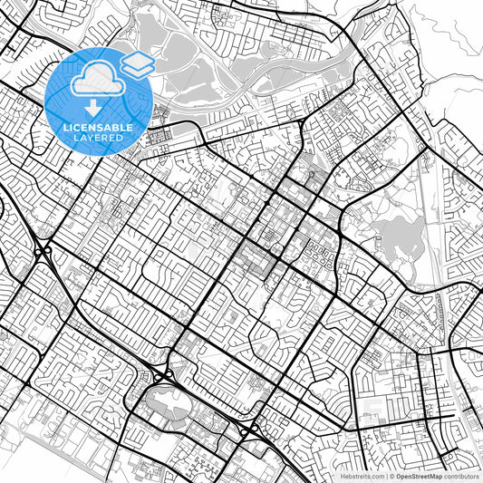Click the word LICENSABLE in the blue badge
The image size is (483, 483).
coord(99,128)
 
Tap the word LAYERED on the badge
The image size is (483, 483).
coord(99,138)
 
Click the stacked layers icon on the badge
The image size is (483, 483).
coord(137,64)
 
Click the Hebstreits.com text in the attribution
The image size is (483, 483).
coord(361,476)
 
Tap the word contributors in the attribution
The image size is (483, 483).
coord(460,476)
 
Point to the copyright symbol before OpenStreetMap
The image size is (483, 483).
coord(391,476)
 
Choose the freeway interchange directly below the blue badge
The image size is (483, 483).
coord(42,251)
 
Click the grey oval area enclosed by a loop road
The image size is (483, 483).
coord(169,398)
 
